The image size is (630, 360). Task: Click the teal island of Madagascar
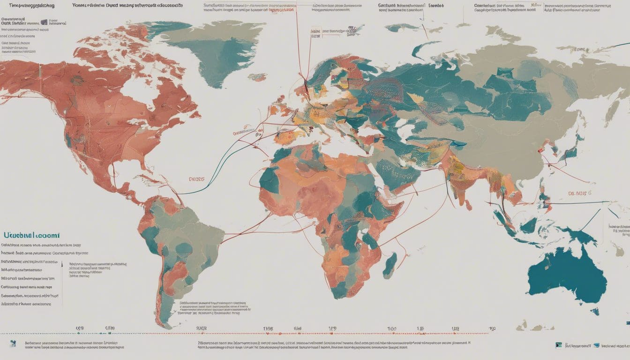point(390,265)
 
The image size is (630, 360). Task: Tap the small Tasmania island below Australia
point(595,311)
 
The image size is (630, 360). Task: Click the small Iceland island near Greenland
point(257,76)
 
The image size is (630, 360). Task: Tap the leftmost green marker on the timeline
point(78,333)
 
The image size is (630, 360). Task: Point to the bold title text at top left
point(28,6)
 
